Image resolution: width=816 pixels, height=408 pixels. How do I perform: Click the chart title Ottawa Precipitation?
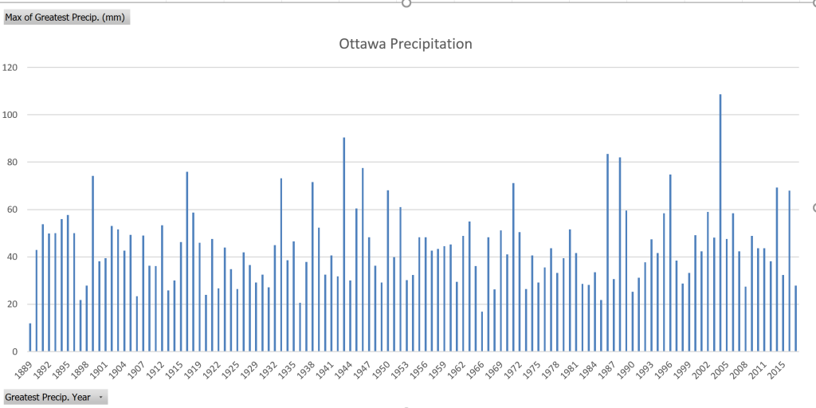point(406,44)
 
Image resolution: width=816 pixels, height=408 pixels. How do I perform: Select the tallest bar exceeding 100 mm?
point(720,223)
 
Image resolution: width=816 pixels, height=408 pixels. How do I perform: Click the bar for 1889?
point(30,337)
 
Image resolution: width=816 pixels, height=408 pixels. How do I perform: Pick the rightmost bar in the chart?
point(795,319)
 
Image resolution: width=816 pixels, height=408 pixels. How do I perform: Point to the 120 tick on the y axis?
point(10,68)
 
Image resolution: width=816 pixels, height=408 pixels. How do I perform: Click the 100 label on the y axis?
point(10,115)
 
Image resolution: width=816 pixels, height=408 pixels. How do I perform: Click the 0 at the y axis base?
point(14,351)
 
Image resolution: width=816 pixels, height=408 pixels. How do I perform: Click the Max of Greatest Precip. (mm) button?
point(65,17)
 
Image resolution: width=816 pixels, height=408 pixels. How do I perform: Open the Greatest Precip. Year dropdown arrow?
point(100,397)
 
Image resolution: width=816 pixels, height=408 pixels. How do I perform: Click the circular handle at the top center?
point(406,2)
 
